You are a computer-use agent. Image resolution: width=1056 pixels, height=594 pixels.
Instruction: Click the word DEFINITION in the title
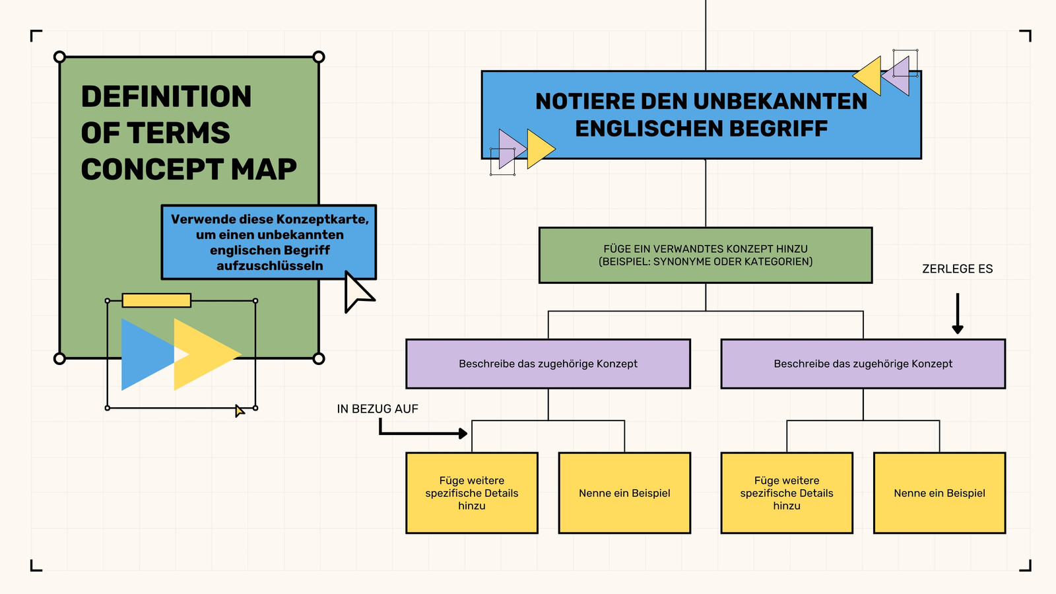coord(166,96)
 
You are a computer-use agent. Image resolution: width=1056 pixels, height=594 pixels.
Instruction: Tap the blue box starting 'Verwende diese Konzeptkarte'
coord(269,242)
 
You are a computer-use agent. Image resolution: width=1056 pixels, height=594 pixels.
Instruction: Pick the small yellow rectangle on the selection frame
coord(156,300)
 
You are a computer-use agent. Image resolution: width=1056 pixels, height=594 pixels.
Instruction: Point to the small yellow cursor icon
coord(240,411)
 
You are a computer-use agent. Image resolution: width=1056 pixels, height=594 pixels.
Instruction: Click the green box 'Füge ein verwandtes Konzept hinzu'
coord(706,255)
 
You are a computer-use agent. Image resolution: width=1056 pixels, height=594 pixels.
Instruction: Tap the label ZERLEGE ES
coord(958,269)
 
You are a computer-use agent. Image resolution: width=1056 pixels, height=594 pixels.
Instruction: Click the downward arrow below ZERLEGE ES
coord(958,313)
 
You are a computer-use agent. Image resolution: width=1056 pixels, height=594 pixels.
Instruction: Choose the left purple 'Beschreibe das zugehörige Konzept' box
coord(548,364)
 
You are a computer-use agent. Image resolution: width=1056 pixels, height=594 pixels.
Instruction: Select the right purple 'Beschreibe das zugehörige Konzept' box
coord(863,364)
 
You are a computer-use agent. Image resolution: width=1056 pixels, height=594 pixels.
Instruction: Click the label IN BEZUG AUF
coord(378,409)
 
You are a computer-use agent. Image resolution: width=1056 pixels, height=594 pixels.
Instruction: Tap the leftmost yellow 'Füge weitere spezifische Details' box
coord(472,493)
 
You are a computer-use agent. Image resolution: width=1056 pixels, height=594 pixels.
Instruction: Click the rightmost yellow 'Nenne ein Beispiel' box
coord(940,493)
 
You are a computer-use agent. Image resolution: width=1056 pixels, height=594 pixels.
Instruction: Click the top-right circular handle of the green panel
coord(319,57)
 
